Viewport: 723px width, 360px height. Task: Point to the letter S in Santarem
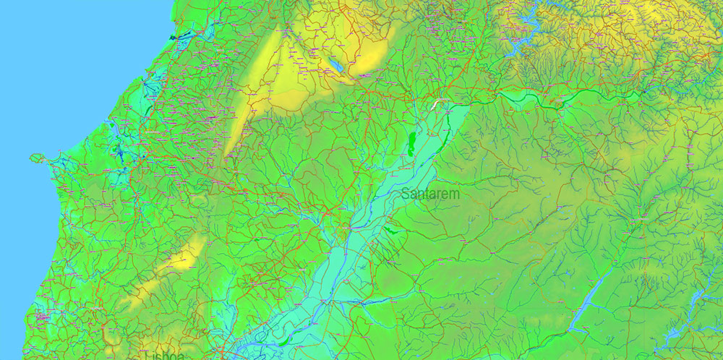[x=404, y=194]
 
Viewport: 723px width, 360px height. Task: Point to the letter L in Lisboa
[x=147, y=356]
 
